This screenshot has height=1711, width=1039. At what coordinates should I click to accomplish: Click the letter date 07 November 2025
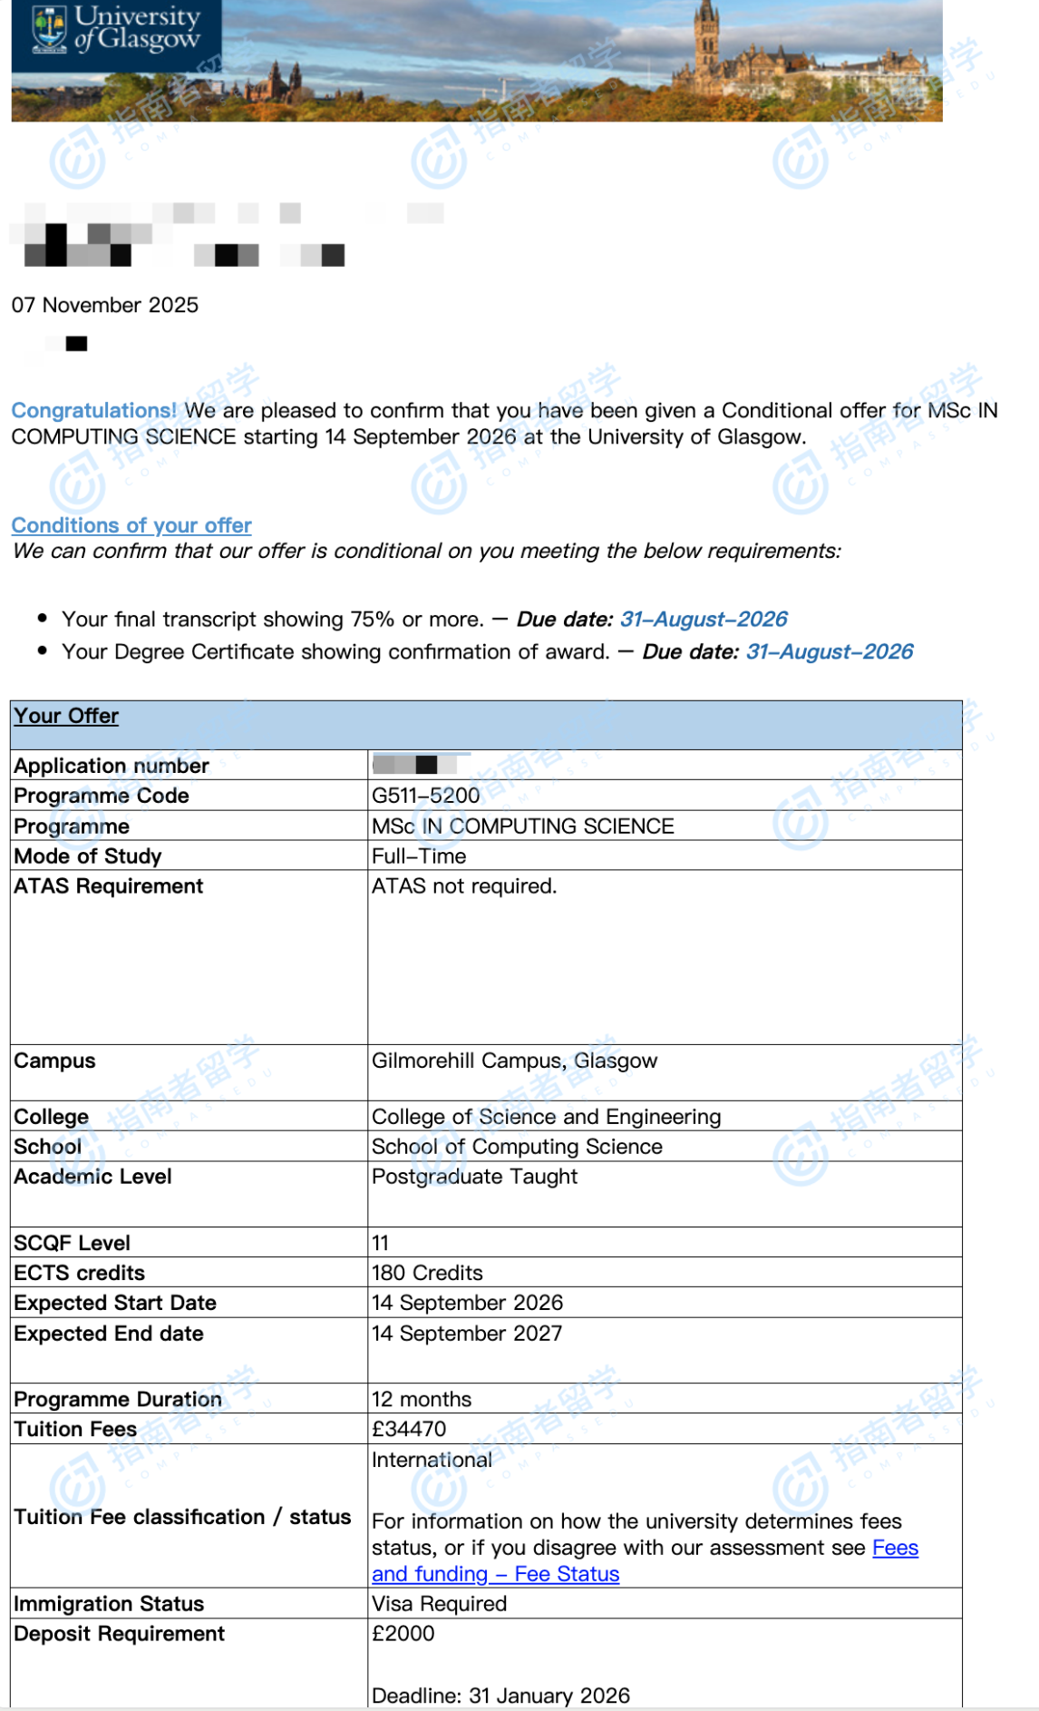[105, 305]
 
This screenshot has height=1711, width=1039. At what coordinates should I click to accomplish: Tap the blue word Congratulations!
[94, 410]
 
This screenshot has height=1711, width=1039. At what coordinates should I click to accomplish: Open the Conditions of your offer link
[131, 525]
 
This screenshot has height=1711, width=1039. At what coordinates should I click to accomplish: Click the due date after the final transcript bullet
[704, 619]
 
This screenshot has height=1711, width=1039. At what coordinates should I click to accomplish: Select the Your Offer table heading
[66, 716]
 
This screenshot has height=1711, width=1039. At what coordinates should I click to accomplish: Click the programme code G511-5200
[425, 796]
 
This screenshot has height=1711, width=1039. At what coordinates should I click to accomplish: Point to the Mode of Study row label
[88, 856]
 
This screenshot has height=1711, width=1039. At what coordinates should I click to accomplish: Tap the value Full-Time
[419, 856]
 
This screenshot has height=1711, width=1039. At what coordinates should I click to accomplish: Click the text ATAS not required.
[464, 886]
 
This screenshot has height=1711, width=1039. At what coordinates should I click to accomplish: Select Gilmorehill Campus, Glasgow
[514, 1061]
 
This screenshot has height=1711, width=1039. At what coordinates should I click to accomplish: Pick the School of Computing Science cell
[517, 1147]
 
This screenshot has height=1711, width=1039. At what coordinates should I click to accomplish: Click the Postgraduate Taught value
[474, 1177]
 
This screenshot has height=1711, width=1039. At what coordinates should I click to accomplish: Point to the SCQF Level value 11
[380, 1243]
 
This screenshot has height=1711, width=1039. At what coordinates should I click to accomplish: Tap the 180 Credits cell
[427, 1273]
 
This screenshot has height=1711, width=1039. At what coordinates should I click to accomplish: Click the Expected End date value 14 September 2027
[467, 1334]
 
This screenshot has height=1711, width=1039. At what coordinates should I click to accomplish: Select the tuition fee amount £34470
[409, 1429]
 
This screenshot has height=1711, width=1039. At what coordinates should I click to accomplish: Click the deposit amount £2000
[403, 1634]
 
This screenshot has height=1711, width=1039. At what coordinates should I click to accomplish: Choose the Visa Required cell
[439, 1604]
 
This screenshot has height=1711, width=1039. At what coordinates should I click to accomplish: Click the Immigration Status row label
[109, 1604]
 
